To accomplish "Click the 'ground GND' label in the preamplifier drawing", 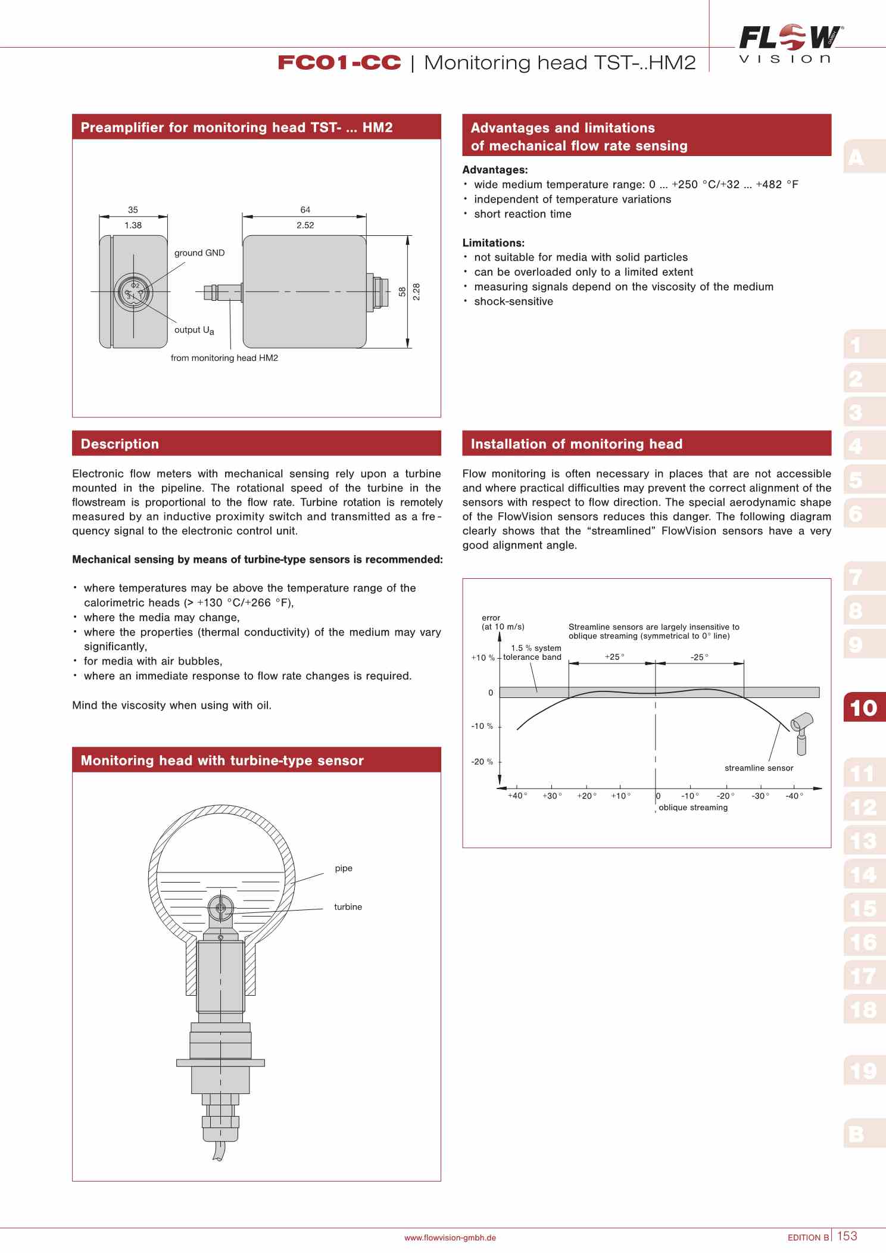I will (x=199, y=253).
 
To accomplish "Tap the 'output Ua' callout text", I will (x=194, y=330).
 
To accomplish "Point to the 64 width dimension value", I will (x=305, y=210).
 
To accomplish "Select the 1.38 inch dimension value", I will (x=133, y=225).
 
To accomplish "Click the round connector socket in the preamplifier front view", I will (x=134, y=292).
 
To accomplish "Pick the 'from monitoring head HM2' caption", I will (x=224, y=358).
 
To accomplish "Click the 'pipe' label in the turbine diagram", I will (x=344, y=868).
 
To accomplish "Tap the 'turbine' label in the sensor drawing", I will (x=348, y=907).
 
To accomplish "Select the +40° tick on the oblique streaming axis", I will (x=517, y=796).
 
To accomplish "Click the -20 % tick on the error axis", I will (x=482, y=762).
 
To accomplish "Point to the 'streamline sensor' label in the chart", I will (x=759, y=768).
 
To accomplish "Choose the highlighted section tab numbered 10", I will (x=863, y=707).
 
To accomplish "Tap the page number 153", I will (x=847, y=1236).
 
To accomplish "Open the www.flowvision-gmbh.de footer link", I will (x=450, y=1238).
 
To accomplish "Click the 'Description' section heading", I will (x=120, y=444).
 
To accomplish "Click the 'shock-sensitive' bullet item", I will (x=513, y=301).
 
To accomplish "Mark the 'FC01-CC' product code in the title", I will (x=339, y=63).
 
